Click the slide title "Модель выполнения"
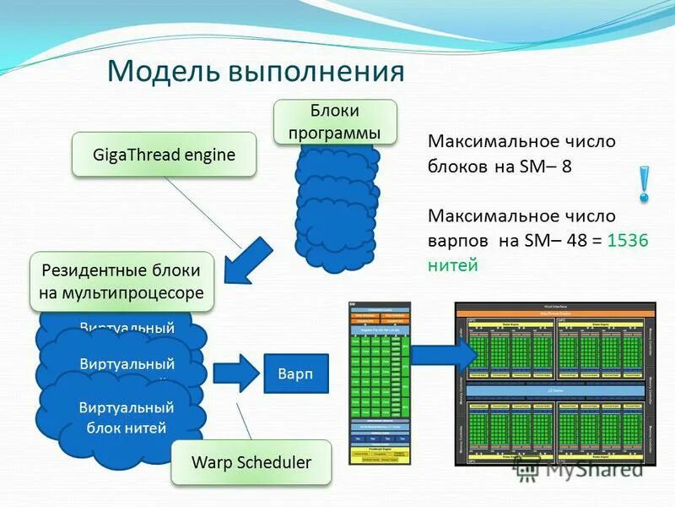pos(255,71)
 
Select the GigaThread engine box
pos(164,155)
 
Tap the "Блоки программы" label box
pos(335,122)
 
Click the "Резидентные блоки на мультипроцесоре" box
pos(121,282)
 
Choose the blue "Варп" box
pos(289,373)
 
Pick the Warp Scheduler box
pos(251,462)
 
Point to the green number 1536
pos(628,241)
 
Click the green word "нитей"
pos(453,265)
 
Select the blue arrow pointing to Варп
pos(235,373)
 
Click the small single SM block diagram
pos(380,382)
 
